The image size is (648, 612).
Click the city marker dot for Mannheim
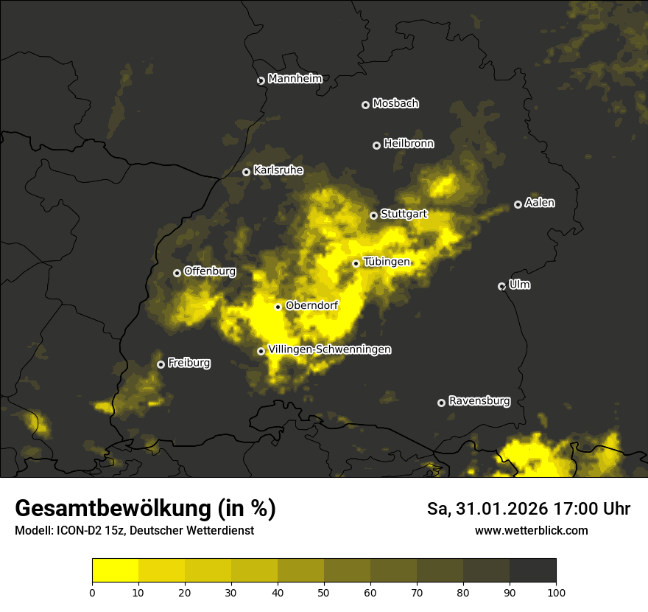[261, 81]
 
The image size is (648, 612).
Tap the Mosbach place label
[395, 104]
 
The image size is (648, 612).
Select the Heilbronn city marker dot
[376, 145]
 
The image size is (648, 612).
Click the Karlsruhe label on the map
[278, 170]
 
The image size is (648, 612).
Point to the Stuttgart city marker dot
[373, 215]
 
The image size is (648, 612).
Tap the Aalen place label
[540, 203]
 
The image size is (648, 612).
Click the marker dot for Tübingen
[356, 263]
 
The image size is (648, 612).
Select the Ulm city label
[520, 285]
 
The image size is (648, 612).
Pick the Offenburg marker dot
[177, 273]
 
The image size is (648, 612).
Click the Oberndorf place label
[311, 305]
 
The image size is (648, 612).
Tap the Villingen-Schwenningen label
[329, 350]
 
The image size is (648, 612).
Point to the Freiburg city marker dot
[161, 364]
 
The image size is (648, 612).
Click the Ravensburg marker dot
[441, 403]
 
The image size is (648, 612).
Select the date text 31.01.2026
[497, 509]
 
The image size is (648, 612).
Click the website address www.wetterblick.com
[531, 530]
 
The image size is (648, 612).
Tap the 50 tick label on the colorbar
[324, 591]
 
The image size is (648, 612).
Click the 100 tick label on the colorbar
[556, 591]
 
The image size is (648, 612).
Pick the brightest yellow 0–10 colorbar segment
[116, 571]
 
